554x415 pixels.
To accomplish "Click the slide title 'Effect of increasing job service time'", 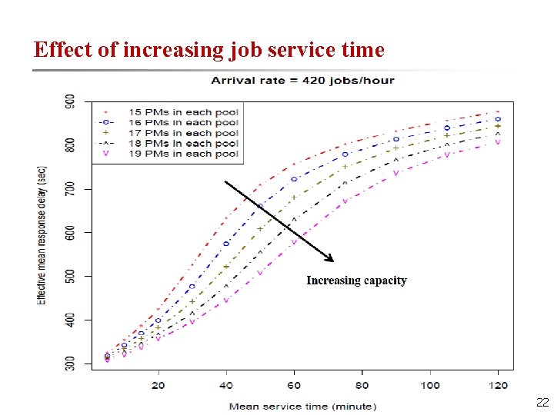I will (x=209, y=50).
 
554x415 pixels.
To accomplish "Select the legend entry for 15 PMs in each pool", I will (x=183, y=112).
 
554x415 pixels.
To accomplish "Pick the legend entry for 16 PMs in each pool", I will (x=183, y=122).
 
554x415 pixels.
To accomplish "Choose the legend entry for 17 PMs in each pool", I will (x=183, y=133).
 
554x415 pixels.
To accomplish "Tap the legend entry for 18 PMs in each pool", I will (x=183, y=143).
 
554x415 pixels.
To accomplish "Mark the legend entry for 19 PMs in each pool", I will (x=183, y=154).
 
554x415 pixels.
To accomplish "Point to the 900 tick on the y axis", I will (x=70, y=101).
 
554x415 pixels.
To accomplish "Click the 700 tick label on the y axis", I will (x=70, y=189).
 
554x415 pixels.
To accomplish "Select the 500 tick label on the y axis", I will (x=70, y=276).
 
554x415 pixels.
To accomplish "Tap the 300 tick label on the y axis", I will (x=70, y=362).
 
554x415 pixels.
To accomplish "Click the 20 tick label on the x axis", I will (x=159, y=386).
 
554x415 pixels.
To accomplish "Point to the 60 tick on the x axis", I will (x=294, y=386).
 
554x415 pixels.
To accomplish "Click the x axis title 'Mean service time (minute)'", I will (x=302, y=406).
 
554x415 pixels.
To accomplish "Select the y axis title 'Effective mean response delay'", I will (x=43, y=234).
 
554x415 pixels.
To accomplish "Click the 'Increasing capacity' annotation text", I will (x=356, y=281).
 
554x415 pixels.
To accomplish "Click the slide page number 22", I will (x=542, y=402).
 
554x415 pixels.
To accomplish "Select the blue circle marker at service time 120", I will (x=498, y=119).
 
